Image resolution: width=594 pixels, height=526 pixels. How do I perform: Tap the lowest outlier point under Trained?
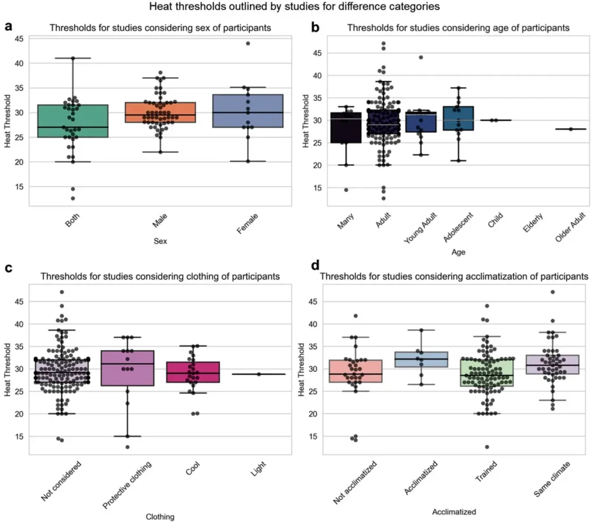(487, 447)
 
